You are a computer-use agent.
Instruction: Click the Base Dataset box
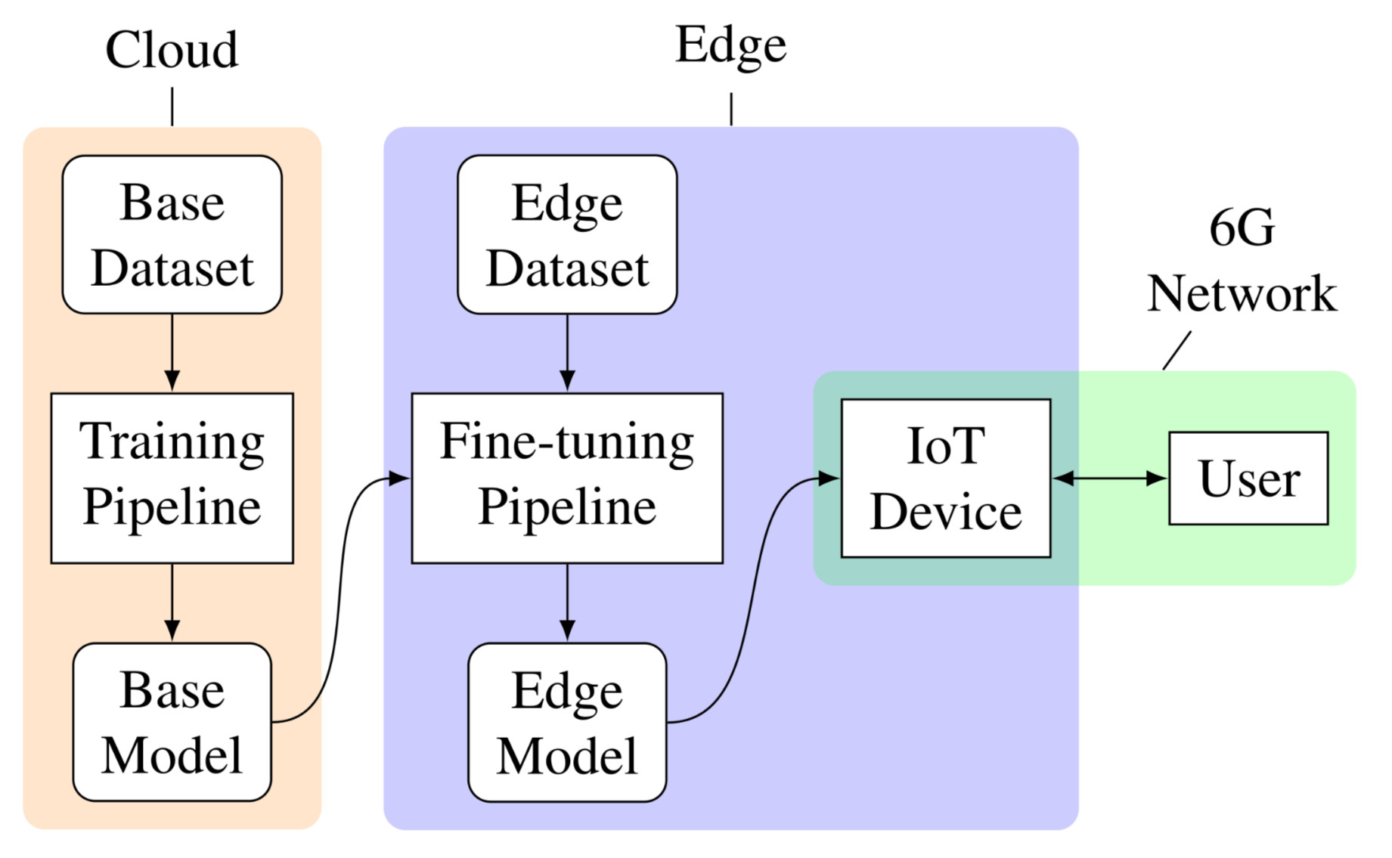click(172, 234)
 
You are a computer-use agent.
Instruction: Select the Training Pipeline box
click(172, 478)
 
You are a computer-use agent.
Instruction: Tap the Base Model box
click(172, 722)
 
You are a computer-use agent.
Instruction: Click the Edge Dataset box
click(567, 234)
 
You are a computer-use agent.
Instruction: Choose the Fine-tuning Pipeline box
click(567, 478)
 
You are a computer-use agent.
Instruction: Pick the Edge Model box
click(567, 722)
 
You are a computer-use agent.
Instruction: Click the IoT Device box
click(946, 478)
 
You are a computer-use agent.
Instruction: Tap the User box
click(1248, 478)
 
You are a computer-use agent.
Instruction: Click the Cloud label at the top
click(172, 50)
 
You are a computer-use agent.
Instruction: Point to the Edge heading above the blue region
click(730, 45)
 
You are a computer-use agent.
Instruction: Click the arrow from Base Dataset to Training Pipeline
click(172, 352)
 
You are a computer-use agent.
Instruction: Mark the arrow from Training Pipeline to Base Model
click(172, 602)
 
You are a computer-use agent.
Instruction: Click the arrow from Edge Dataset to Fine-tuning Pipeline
click(567, 352)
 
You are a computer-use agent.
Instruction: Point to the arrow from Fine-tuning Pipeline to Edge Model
click(567, 602)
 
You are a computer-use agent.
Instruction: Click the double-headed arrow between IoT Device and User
click(1110, 478)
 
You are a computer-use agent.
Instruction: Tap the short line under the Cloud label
click(172, 107)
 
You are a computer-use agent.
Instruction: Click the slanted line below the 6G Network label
click(1177, 351)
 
